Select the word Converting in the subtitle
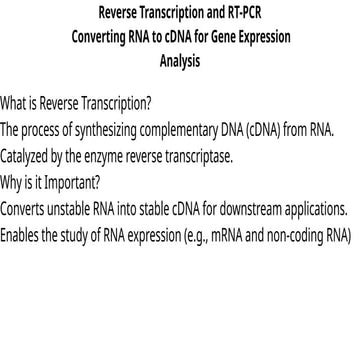click(102, 37)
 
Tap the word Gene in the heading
click(213, 37)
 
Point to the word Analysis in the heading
click(180, 61)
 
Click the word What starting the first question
click(15, 104)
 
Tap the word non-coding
click(297, 236)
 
